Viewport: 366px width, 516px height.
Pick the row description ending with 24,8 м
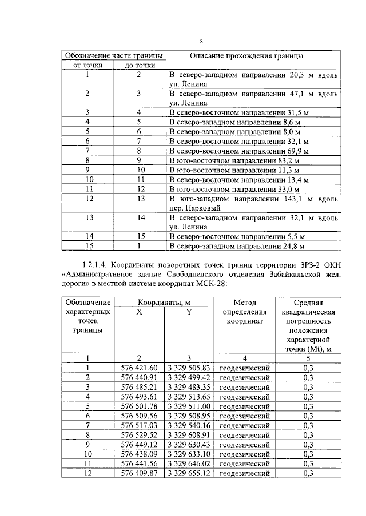tap(237, 247)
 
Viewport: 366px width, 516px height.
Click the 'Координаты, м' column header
tap(163, 302)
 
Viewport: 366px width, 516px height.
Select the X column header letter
tap(138, 312)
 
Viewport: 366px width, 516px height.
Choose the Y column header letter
tap(189, 312)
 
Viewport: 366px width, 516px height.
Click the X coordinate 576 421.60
tap(138, 368)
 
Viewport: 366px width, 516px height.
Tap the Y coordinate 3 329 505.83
tap(189, 368)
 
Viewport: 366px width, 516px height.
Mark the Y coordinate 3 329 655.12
tap(189, 473)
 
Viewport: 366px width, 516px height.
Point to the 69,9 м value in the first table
tap(296, 151)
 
